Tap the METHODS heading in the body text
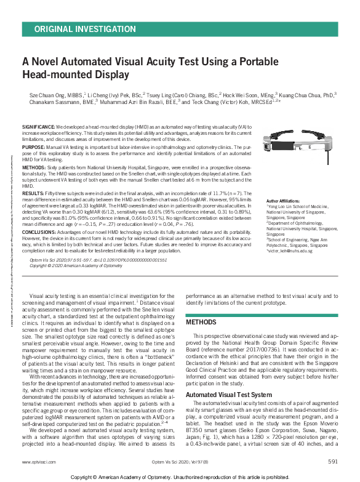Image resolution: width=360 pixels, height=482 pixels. coord(201,322)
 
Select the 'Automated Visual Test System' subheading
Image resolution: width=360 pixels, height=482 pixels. coord(229,394)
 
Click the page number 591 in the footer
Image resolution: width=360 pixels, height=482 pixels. coord(332,462)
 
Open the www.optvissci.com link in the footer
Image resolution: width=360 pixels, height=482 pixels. coord(36,462)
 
